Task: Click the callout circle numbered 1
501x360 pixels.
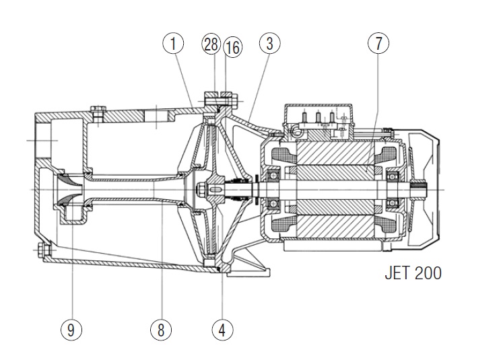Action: (x=173, y=44)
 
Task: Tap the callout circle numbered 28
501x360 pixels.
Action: (x=211, y=44)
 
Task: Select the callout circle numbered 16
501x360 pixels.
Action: (x=232, y=46)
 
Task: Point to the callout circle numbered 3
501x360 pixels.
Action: (x=269, y=44)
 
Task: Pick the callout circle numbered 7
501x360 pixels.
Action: (x=378, y=44)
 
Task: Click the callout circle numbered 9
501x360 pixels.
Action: (x=71, y=330)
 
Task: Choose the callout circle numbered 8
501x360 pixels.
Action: (x=161, y=330)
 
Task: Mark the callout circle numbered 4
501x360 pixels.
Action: (x=222, y=330)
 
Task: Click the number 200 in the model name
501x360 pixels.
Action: (x=428, y=274)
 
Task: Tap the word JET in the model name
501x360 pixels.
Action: (x=398, y=274)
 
